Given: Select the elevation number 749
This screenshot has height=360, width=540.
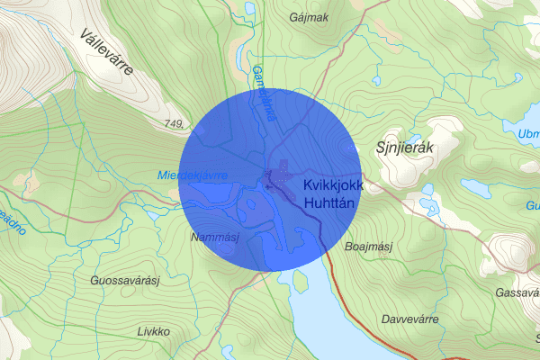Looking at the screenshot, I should (175, 122).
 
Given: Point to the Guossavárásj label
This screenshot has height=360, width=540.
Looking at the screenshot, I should (125, 281).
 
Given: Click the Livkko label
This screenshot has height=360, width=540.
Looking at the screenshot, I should (152, 330).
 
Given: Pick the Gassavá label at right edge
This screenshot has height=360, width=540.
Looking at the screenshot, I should (517, 293).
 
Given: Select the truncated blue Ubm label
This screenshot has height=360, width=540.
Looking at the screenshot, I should (528, 135).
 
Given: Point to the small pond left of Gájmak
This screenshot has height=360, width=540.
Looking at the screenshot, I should (248, 8).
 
